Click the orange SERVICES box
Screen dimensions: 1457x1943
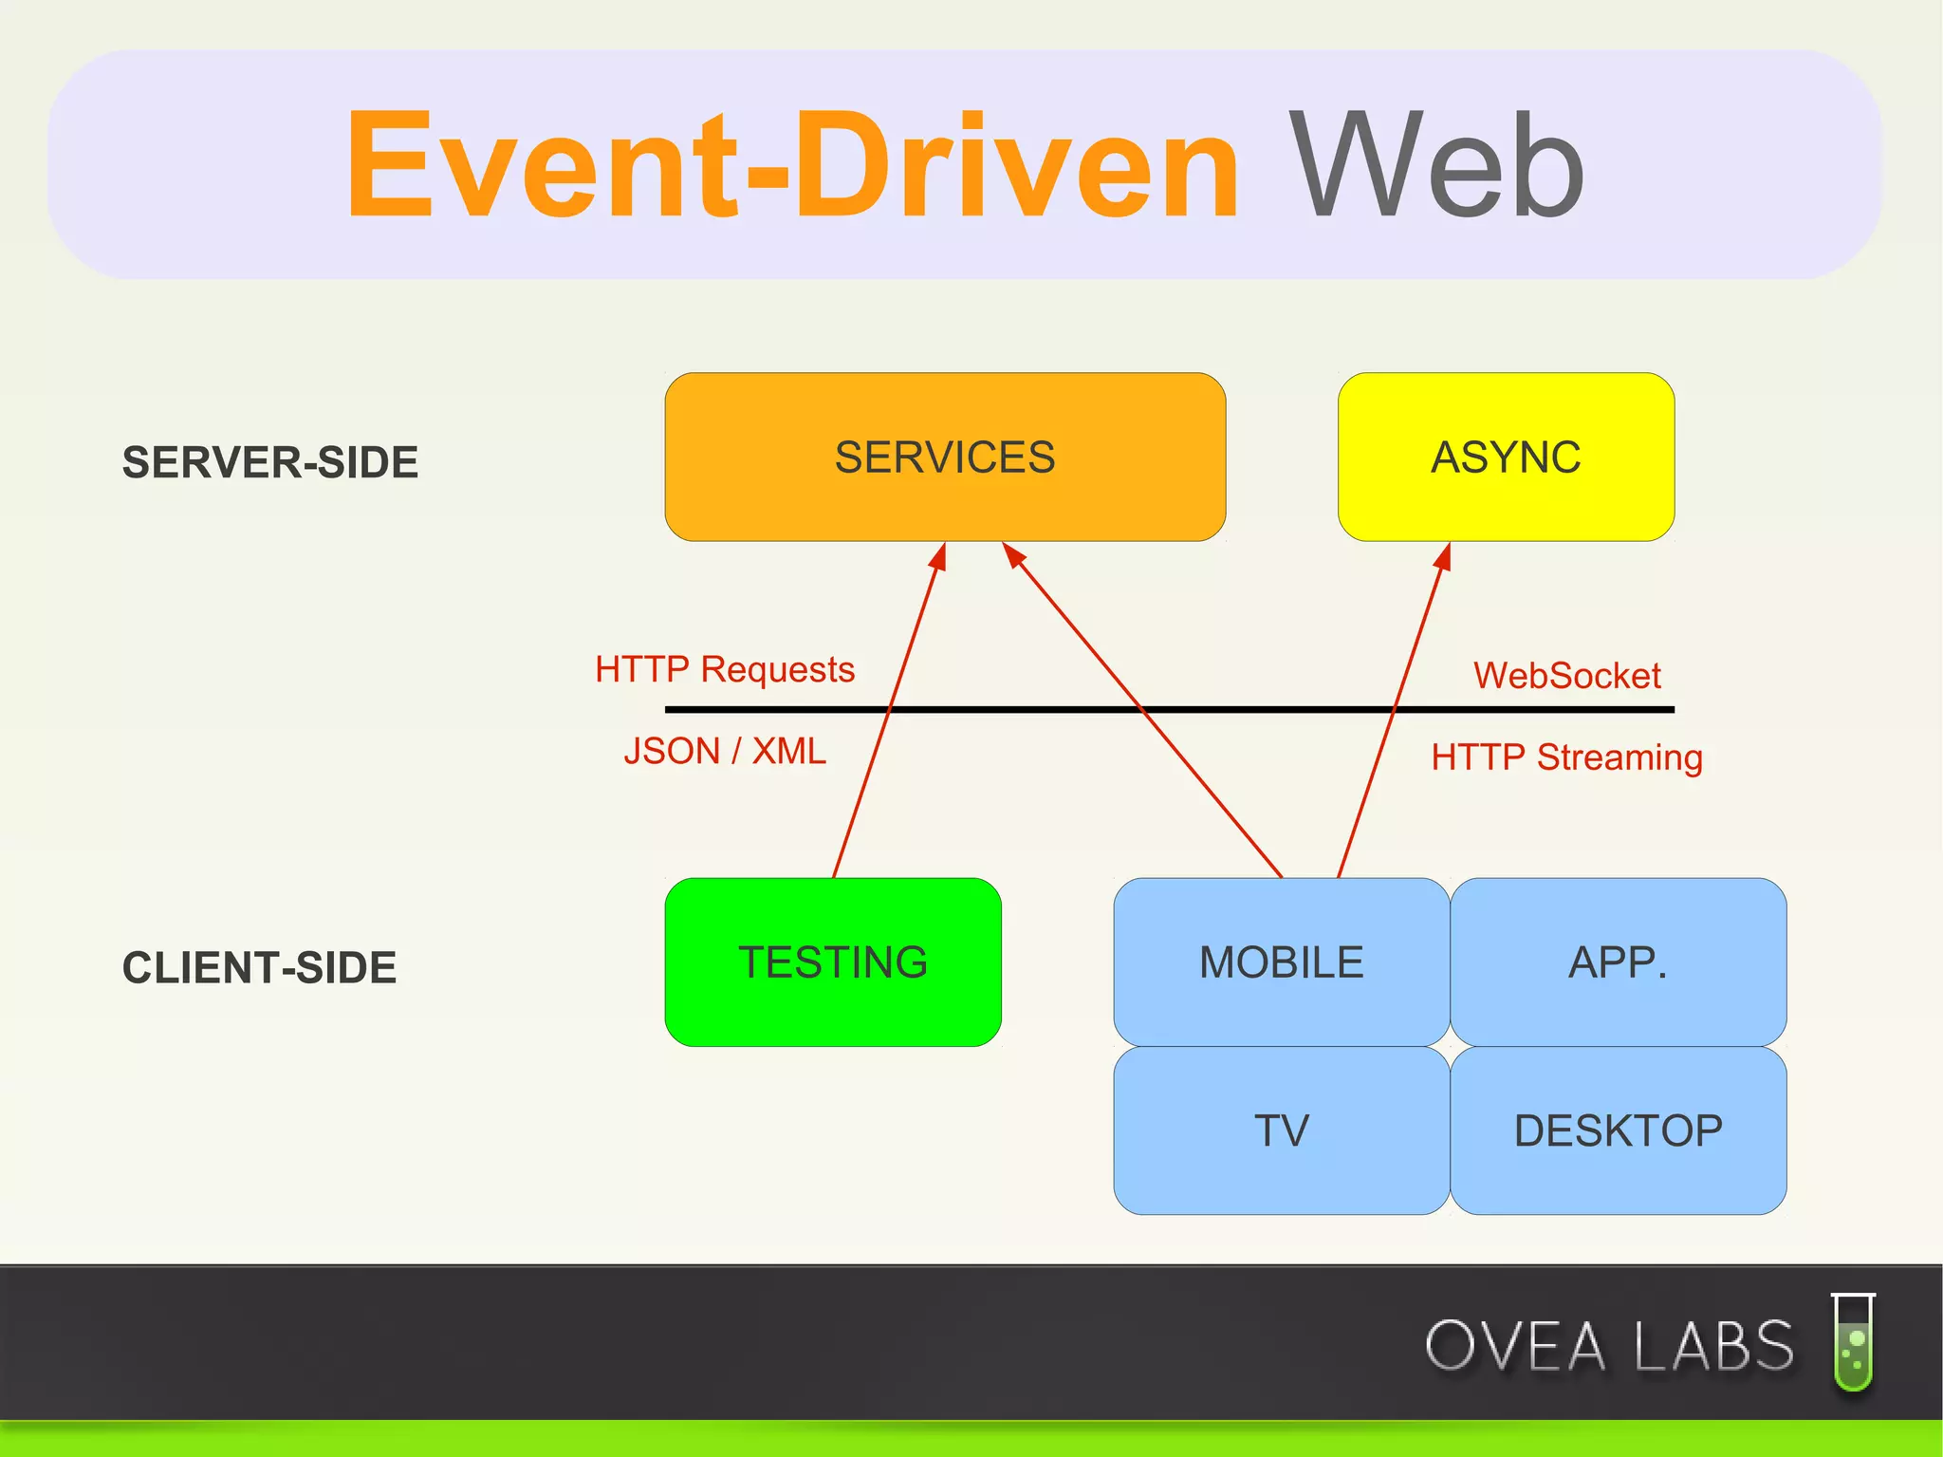945,457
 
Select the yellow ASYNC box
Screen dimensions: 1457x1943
1506,457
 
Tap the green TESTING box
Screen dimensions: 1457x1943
833,962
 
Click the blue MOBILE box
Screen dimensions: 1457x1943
1281,962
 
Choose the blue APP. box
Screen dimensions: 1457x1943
1618,962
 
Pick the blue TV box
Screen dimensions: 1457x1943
1281,1130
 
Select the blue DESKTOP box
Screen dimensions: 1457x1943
1618,1130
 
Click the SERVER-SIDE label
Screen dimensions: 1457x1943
270,462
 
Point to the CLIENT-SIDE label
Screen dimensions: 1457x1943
259,967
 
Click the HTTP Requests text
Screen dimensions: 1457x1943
725,669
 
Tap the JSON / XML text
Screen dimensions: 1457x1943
725,751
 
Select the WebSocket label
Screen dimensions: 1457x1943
1566,676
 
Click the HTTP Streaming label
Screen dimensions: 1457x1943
1566,757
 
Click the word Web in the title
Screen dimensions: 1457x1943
1435,166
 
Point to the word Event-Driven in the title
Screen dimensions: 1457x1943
792,166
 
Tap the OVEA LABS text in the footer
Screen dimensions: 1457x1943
1609,1346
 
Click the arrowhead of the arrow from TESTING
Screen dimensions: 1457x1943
939,556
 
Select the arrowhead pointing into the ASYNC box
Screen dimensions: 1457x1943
1444,556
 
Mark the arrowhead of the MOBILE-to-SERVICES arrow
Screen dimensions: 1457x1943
1013,554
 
